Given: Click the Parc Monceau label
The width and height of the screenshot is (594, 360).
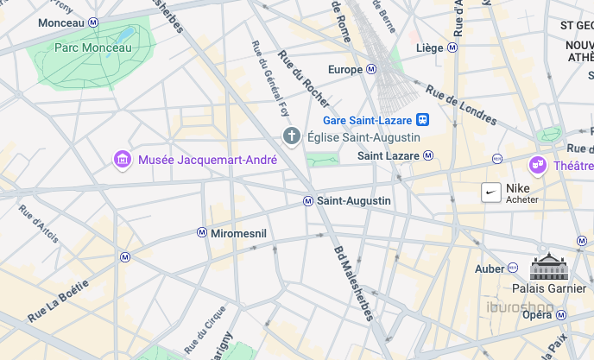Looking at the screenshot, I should coord(92,47).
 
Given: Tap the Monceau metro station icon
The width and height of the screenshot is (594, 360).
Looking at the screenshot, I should coord(93,22).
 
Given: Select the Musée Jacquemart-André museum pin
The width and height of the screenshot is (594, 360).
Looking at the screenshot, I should coord(123,160).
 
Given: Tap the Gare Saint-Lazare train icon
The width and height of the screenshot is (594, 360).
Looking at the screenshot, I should coord(423,120).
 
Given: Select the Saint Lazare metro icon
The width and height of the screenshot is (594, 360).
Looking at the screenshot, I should coord(428,155).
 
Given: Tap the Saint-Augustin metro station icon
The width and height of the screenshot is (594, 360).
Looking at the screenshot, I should coord(307,201).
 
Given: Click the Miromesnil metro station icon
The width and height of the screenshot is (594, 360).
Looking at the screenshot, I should coord(202,233).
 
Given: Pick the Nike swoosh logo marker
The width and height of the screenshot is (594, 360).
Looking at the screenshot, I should coord(490,193).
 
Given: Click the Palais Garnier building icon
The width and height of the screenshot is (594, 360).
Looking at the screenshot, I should coord(548,267).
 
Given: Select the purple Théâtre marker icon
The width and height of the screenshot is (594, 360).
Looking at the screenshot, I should coord(538,164).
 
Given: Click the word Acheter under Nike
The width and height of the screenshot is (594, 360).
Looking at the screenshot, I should coord(521,199).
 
